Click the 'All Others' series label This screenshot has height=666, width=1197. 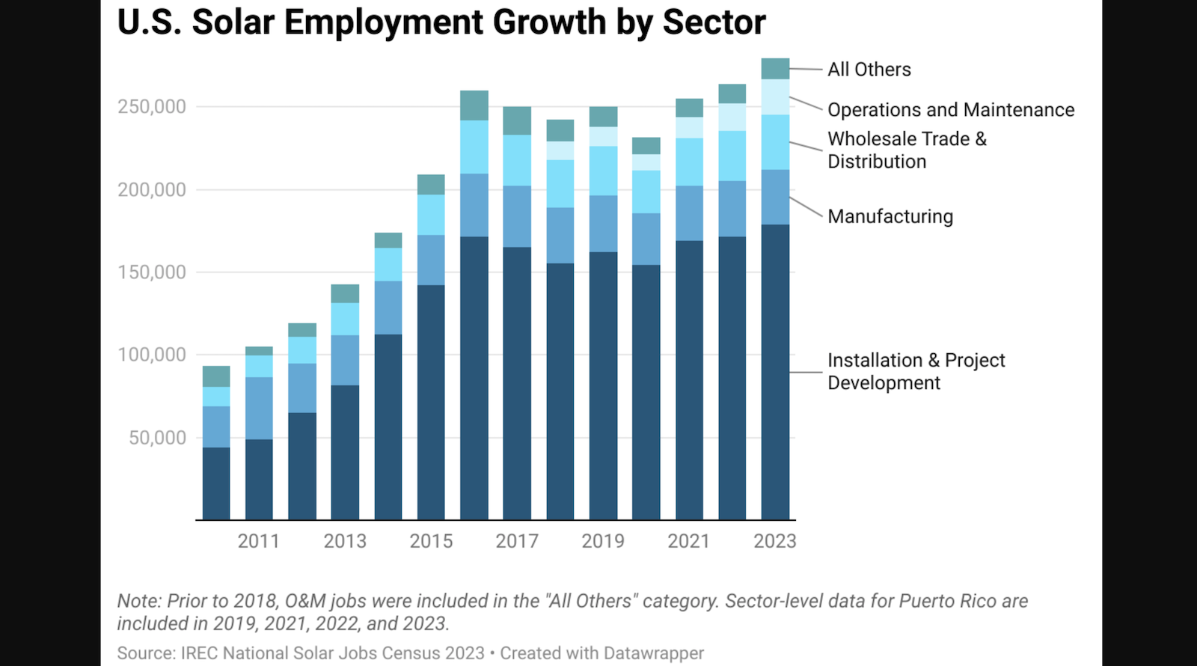[x=869, y=70]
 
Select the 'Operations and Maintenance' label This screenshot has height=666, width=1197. [x=950, y=110]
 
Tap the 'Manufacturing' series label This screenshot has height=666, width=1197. [x=890, y=217]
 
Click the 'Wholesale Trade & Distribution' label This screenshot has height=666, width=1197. [x=906, y=150]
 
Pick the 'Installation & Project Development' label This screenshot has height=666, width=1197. [x=915, y=371]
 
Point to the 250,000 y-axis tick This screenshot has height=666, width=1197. [x=151, y=107]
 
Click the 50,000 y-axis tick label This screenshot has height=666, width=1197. [x=157, y=438]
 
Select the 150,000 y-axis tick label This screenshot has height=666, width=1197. [x=151, y=272]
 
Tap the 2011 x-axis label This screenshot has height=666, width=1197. [x=258, y=541]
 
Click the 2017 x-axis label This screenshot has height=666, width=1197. [x=517, y=541]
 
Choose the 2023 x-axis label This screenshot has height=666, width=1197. [x=774, y=541]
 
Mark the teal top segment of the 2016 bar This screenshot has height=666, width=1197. [x=474, y=106]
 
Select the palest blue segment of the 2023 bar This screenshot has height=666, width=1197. [x=775, y=97]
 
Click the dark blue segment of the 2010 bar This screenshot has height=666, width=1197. [x=216, y=483]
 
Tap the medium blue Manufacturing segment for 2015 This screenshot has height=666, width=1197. [x=431, y=260]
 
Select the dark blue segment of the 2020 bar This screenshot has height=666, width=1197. [x=646, y=392]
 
